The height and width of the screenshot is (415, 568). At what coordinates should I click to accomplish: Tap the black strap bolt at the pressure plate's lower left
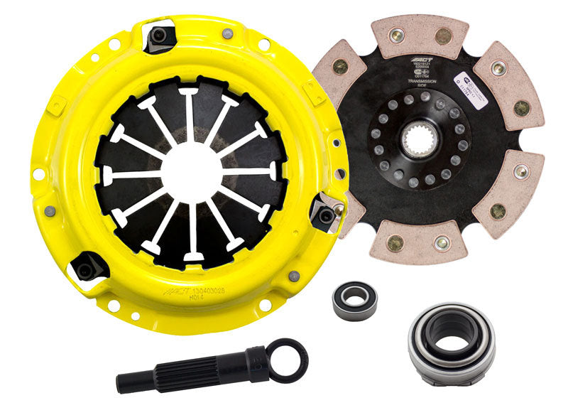coord(87,267)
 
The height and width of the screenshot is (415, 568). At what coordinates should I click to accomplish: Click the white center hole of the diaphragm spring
coord(190,171)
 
